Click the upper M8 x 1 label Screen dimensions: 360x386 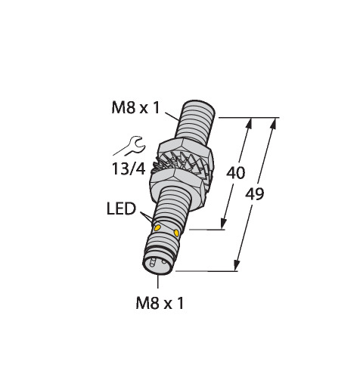point(135,108)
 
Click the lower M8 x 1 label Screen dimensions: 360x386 point(160,303)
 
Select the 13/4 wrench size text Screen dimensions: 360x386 point(129,168)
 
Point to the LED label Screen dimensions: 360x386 point(121,208)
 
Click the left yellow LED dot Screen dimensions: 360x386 point(157,228)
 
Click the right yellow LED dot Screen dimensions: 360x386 point(176,233)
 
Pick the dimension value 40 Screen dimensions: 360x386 point(236,173)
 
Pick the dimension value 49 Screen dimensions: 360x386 point(255,194)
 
